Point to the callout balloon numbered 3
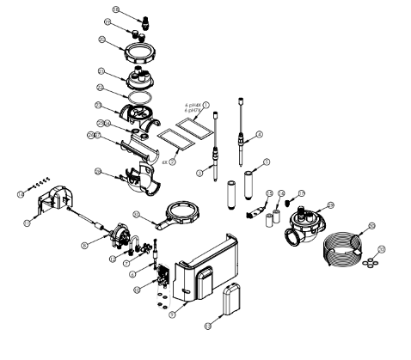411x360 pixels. tap(200, 174)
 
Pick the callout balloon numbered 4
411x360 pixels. tap(259, 134)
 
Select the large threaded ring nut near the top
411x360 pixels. tap(137, 50)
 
